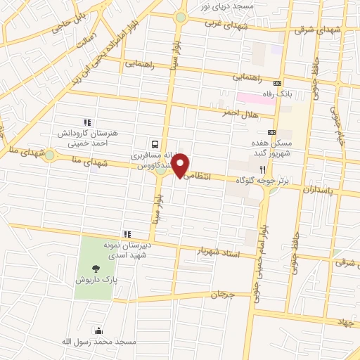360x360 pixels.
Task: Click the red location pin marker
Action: pos(181,165)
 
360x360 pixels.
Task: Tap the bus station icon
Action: pos(154,141)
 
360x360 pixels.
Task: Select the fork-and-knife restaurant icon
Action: pos(262,169)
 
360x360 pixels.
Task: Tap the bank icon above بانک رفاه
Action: pos(278,82)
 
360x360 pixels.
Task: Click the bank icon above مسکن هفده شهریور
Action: pos(271,133)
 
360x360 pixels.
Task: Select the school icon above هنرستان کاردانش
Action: pos(87,122)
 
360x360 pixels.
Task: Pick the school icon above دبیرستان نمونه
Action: pos(127,234)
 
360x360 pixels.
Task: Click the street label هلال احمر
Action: pos(238,112)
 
